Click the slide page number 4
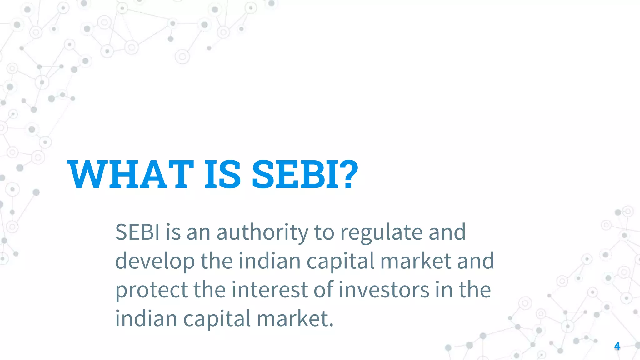point(617,346)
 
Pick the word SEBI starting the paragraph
point(137,232)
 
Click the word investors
point(384,290)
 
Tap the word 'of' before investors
point(323,290)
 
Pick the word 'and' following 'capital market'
point(475,261)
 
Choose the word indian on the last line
point(146,318)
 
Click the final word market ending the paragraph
point(295,318)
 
